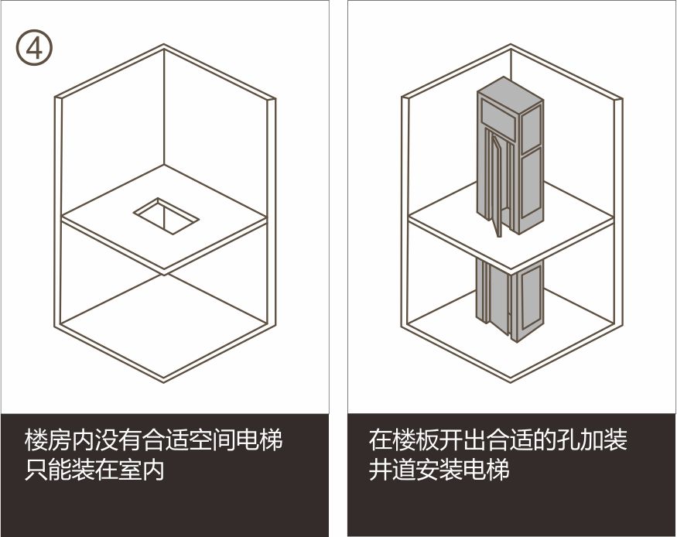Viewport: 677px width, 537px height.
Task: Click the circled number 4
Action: point(35,48)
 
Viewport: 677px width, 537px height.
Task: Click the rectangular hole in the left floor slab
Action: point(166,216)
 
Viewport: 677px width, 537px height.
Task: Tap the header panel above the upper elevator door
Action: point(498,119)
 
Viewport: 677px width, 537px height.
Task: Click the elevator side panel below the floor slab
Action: point(531,299)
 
